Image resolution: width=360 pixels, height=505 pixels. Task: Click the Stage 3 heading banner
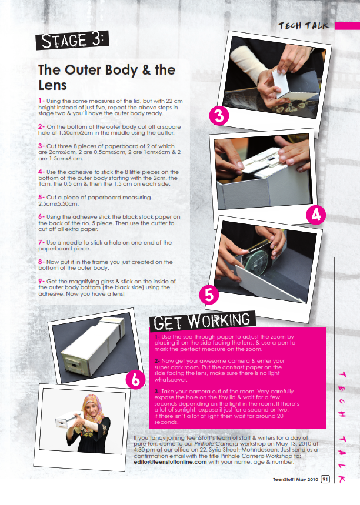[72, 40]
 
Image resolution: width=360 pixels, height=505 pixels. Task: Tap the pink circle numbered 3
[219, 116]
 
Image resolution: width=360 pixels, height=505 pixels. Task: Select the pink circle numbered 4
[316, 215]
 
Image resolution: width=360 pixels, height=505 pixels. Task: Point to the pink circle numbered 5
[209, 295]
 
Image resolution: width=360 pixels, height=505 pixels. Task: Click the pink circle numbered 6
[135, 380]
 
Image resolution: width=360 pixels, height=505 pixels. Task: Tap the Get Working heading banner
[202, 321]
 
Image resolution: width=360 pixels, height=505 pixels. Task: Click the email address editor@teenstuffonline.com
[170, 462]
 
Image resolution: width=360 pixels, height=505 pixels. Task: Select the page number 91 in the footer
[325, 479]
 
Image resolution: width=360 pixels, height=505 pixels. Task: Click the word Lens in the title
[52, 85]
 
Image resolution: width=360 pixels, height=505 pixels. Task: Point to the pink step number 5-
[42, 197]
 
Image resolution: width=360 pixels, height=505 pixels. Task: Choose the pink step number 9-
[42, 281]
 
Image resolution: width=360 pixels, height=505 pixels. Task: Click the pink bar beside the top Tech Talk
[347, 26]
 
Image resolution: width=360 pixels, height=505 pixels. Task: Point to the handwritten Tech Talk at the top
[304, 26]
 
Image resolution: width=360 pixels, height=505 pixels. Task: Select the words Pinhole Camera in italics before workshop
[212, 443]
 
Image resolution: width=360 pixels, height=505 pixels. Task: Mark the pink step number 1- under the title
[42, 101]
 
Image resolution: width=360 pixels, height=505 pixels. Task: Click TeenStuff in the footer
[283, 480]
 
